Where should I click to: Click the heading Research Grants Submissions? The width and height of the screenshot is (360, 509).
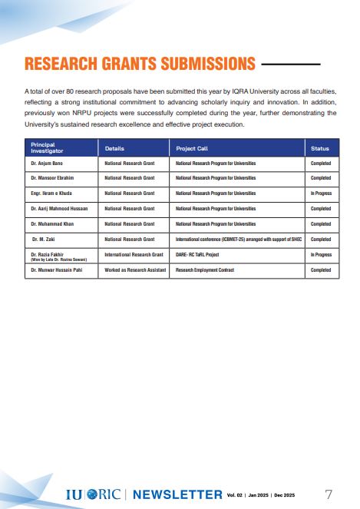point(140,64)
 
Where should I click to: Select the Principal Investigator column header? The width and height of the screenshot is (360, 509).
point(48,147)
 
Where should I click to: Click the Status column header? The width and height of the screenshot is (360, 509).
point(320,148)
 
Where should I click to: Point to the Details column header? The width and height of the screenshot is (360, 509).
point(114,148)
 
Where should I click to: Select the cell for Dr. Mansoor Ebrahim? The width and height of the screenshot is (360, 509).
point(53,178)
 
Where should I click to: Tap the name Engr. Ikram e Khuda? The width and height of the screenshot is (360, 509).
point(52,193)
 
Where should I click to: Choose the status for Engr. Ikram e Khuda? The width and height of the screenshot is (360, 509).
point(321,193)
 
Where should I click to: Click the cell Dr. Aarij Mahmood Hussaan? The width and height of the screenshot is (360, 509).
point(59,209)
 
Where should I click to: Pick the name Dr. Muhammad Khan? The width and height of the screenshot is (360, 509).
point(52,223)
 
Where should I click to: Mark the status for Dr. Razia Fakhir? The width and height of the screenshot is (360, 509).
point(321,254)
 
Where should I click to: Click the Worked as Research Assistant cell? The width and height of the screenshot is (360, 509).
point(135,270)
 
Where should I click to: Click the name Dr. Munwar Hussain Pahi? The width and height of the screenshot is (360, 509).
point(57,270)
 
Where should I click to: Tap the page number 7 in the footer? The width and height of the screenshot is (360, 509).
point(329,493)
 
